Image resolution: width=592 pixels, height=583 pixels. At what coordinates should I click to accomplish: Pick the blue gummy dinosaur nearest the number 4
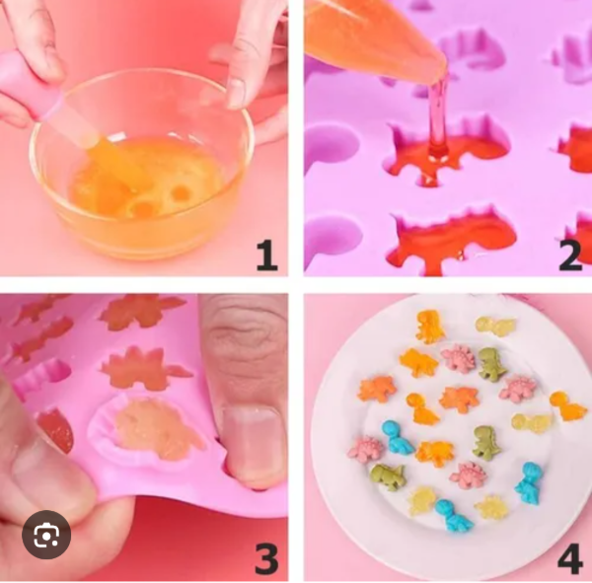coord(529,483)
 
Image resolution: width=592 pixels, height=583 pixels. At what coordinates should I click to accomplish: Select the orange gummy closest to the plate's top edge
coord(429,326)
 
